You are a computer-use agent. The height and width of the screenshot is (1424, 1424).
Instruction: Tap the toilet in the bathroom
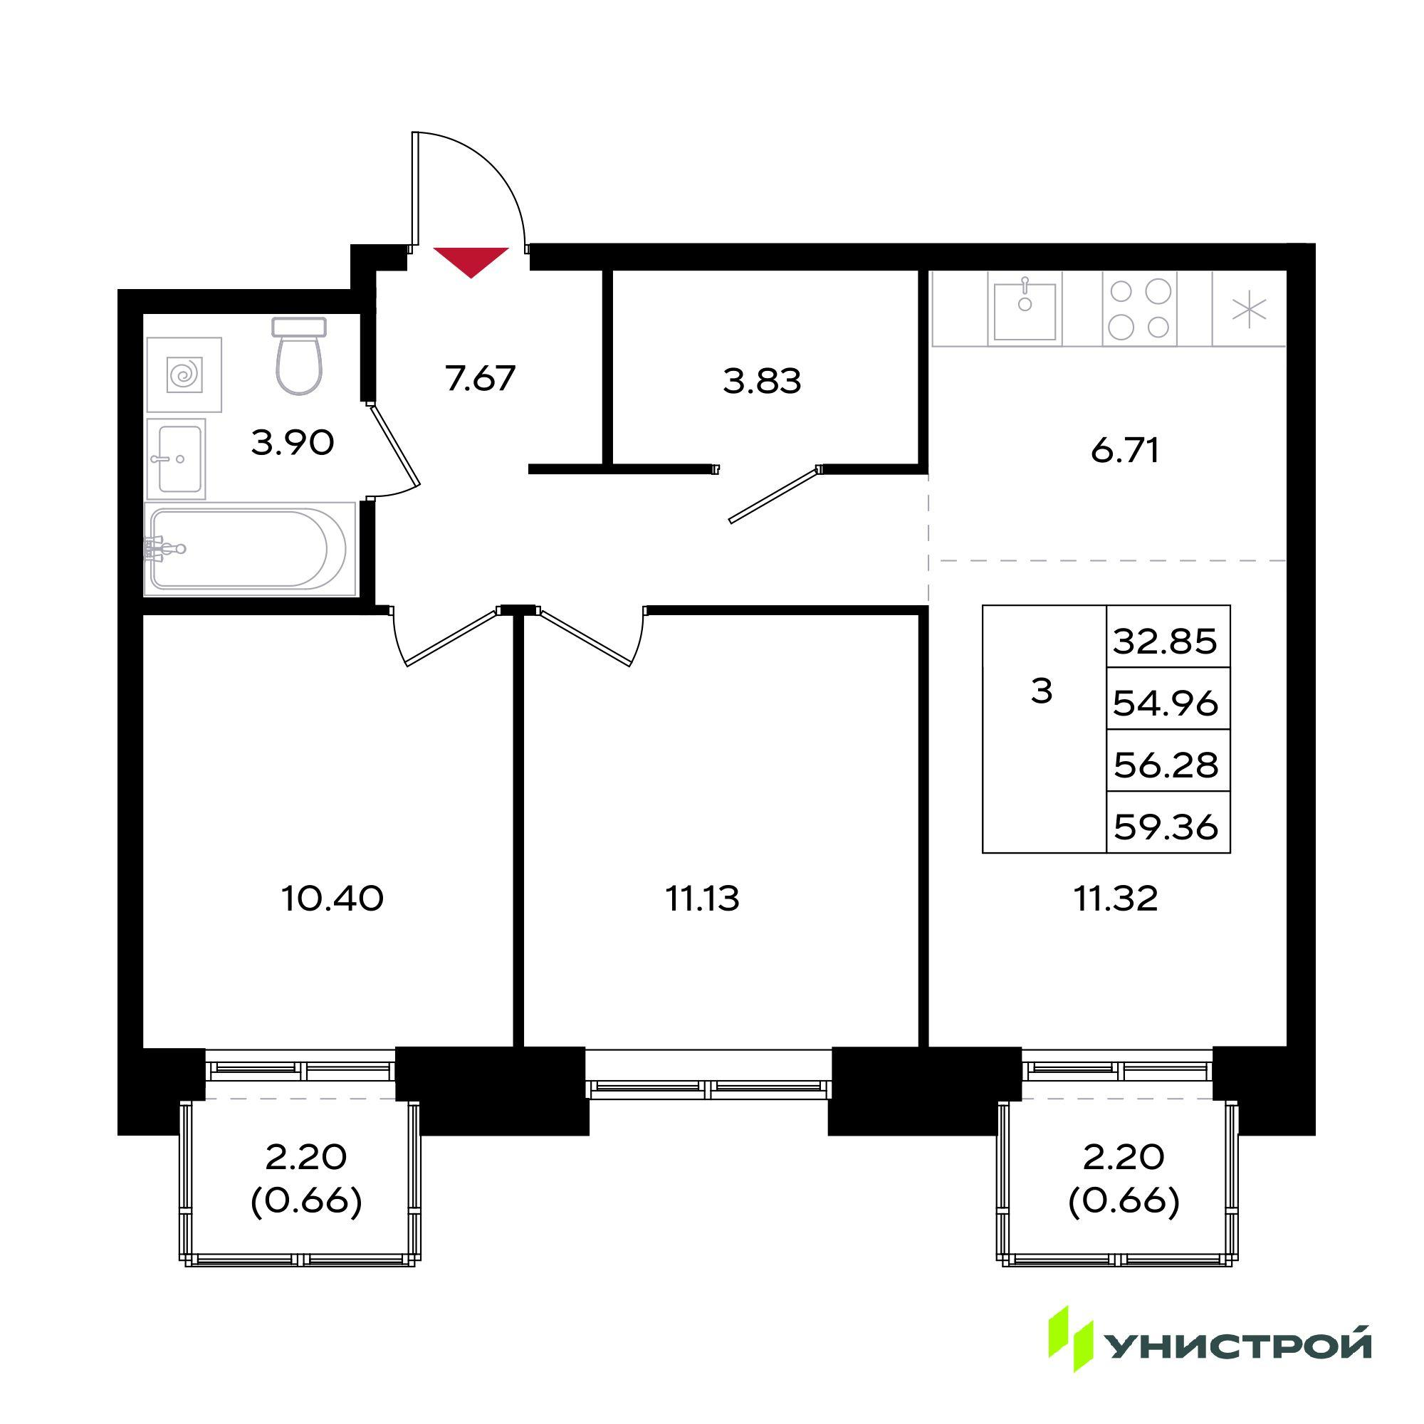click(299, 355)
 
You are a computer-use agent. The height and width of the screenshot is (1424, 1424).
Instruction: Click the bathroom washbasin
click(176, 459)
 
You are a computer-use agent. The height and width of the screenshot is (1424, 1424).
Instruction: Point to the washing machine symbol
click(184, 375)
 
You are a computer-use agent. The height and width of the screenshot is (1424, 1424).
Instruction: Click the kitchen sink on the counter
click(1025, 309)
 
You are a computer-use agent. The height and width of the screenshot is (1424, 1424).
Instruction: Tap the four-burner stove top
click(1139, 309)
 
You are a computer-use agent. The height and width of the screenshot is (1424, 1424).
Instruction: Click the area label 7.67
click(480, 379)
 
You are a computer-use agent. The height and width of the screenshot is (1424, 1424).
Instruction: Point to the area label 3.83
click(762, 382)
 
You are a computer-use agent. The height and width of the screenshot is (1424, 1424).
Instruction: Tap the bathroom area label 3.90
click(293, 443)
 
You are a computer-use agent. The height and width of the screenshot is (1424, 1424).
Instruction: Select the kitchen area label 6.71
click(1125, 451)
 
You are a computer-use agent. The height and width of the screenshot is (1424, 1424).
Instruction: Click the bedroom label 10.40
click(333, 899)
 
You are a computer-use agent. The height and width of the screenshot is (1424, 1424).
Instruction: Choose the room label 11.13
click(703, 899)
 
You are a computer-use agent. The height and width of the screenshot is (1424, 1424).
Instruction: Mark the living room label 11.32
click(1116, 899)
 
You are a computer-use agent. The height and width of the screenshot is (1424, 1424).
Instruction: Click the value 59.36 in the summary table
click(1166, 827)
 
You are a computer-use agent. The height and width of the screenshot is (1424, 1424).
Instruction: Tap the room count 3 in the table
click(1042, 691)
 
